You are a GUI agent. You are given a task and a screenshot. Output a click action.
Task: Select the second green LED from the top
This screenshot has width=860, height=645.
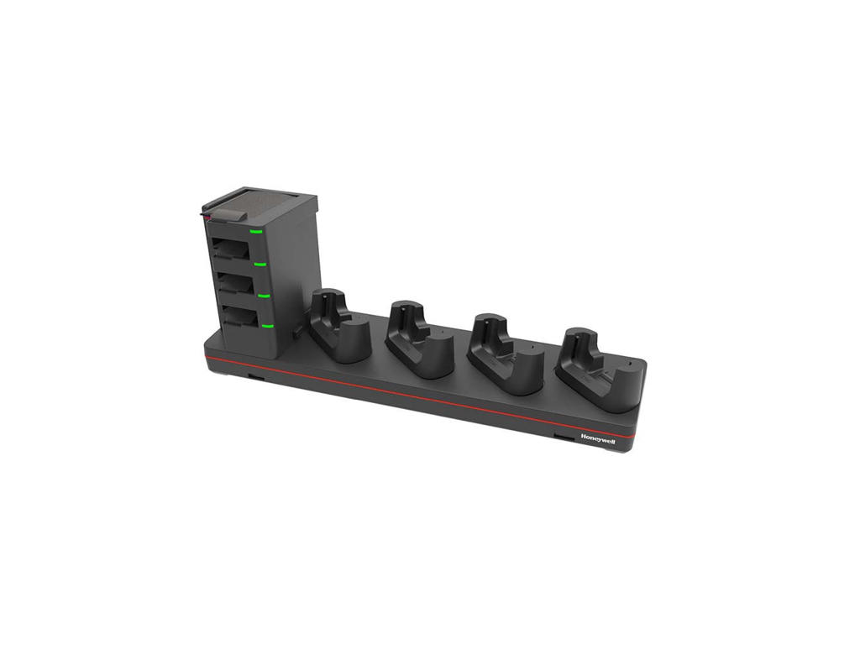pos(260,264)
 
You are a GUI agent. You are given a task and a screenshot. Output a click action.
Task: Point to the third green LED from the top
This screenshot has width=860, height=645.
pos(264,296)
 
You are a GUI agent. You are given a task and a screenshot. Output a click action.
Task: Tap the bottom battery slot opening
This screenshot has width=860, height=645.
pos(239,316)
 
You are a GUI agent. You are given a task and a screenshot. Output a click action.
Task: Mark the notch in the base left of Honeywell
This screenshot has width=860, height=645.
pos(558,438)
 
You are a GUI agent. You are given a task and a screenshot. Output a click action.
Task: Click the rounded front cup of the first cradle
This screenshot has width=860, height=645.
pos(353,339)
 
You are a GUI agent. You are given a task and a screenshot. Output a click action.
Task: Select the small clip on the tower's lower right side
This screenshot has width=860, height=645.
pos(296,335)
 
